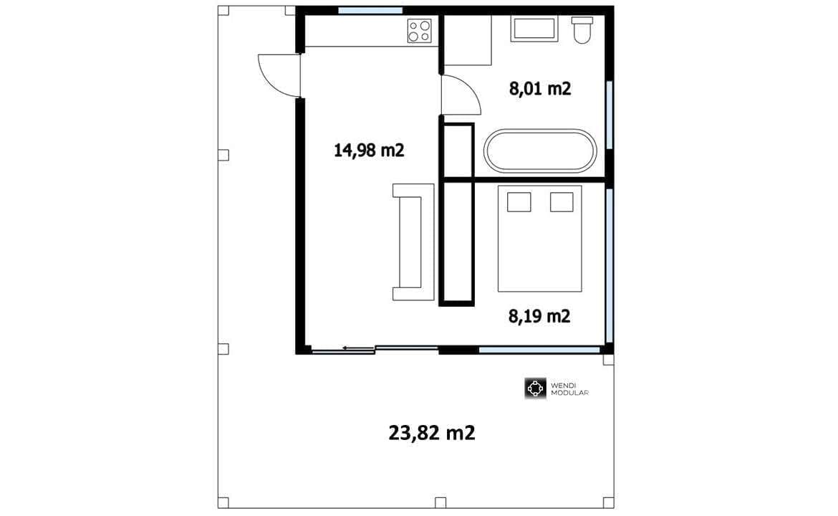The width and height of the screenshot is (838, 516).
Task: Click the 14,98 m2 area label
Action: point(369,150)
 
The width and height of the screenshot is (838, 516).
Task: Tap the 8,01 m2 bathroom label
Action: point(540,88)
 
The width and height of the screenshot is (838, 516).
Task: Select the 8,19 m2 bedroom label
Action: point(539,316)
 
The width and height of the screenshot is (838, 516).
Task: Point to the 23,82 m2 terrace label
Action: point(432,433)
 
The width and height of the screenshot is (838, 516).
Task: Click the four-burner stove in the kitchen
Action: point(420,31)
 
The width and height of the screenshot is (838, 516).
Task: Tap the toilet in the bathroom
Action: point(582,30)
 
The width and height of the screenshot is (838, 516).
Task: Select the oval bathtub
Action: point(540,150)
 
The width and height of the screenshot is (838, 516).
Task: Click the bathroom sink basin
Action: point(534,29)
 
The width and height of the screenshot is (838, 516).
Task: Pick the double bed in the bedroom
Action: point(540,239)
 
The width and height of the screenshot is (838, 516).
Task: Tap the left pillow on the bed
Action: point(519,202)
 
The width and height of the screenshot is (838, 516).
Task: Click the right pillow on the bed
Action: point(562,202)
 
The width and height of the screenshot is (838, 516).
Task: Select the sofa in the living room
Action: point(413,242)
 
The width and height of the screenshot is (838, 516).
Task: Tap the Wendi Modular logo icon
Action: point(535,388)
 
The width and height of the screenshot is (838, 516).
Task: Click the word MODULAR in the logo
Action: point(569,393)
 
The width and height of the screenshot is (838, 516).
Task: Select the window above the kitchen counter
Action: point(370,10)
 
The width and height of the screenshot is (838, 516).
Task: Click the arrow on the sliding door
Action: point(359,348)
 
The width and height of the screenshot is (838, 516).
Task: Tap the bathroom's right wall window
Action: point(609,115)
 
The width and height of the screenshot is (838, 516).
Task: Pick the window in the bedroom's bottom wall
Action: point(539,350)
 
